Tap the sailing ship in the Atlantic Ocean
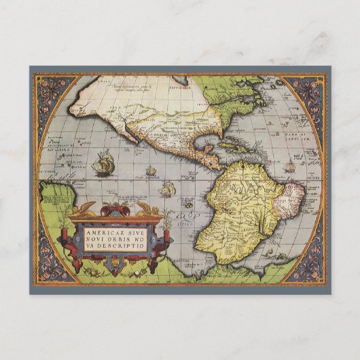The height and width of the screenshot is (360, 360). (289, 165)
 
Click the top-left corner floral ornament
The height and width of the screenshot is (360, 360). (51, 91)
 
